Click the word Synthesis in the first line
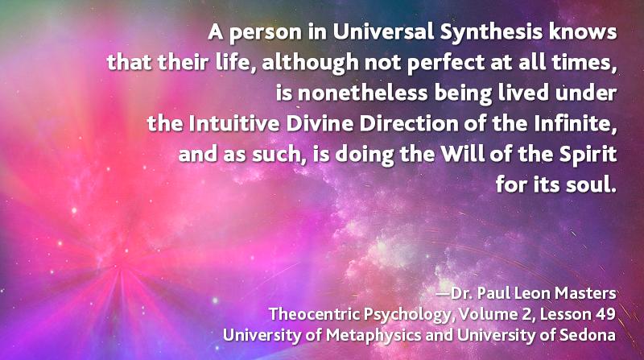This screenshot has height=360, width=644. pyautogui.click(x=491, y=33)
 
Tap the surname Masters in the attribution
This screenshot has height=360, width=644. pyautogui.click(x=585, y=293)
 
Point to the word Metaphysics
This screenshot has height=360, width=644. pyautogui.click(x=374, y=336)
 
